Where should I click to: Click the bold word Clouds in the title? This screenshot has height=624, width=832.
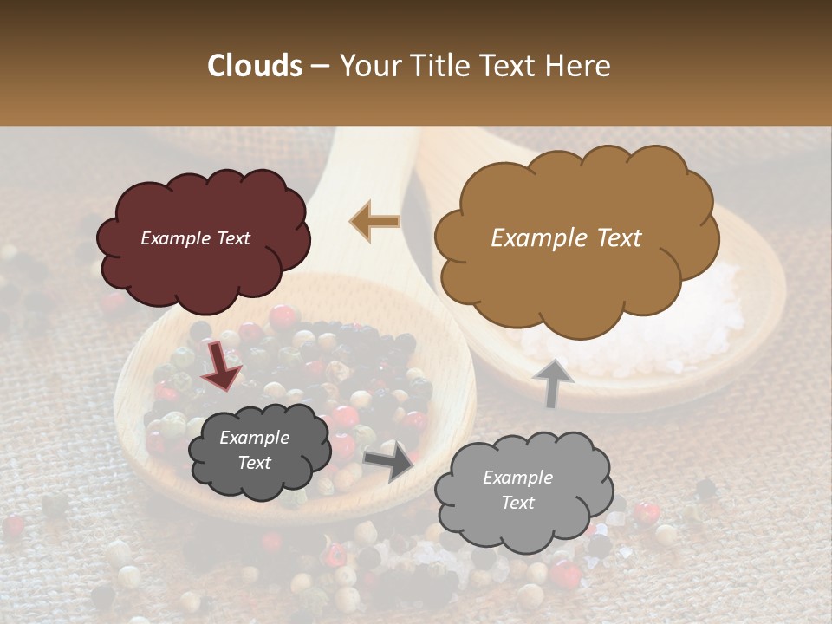(255, 66)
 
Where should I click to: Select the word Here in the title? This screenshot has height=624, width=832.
(577, 66)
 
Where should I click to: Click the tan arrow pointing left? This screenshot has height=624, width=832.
(374, 221)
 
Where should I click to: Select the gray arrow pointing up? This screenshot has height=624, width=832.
(552, 383)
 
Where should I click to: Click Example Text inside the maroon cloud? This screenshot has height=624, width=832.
(195, 238)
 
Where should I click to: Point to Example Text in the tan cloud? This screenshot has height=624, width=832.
(566, 238)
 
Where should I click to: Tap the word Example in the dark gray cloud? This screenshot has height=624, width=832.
(254, 438)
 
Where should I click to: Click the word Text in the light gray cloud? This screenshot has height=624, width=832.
(517, 503)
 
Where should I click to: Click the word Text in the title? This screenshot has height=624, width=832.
(506, 66)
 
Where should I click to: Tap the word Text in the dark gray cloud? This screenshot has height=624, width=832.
(254, 463)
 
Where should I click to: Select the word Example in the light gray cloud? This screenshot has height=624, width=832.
(517, 478)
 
